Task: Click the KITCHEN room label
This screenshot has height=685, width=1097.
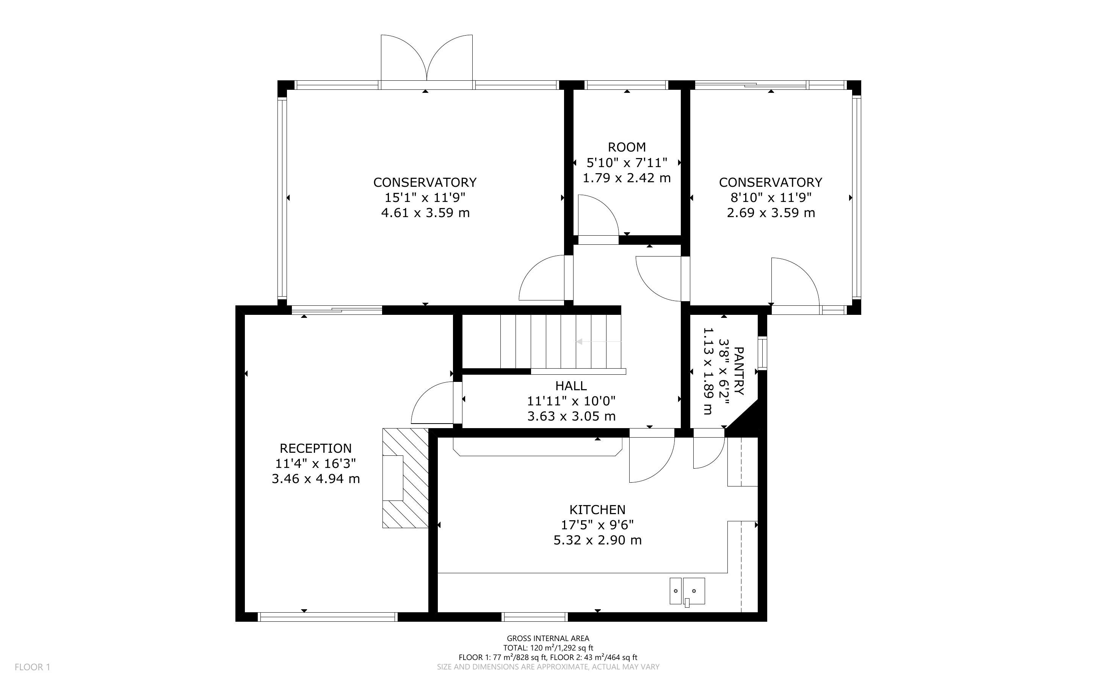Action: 597,510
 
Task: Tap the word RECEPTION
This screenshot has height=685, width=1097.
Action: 315,448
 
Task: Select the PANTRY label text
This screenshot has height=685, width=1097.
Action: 738,371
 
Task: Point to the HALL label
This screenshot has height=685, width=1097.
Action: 571,386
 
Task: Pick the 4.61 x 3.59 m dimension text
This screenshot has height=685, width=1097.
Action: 425,213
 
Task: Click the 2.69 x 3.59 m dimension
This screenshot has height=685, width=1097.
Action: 771,213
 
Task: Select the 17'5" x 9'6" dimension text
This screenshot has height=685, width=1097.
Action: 597,525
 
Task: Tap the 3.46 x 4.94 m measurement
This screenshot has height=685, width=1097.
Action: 315,479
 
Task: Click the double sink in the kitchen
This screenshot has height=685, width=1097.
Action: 687,591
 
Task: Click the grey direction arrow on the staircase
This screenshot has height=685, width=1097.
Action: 599,342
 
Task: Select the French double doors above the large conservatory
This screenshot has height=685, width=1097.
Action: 426,60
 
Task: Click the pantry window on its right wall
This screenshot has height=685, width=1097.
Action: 763,353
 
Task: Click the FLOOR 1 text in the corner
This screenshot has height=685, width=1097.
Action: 32,667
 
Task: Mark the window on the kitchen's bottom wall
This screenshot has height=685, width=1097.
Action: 535,616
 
